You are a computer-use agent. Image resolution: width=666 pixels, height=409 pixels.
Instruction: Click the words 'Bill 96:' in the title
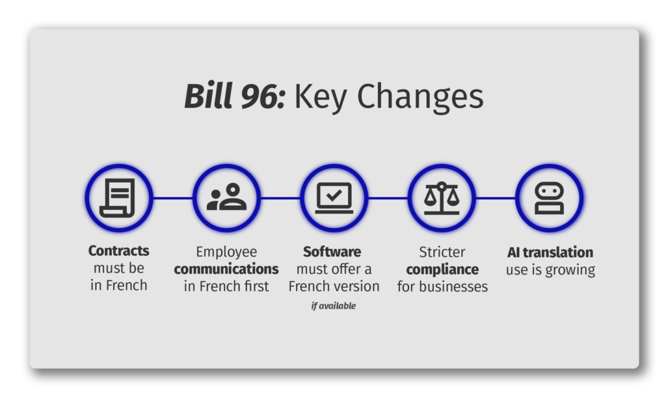pyautogui.click(x=235, y=96)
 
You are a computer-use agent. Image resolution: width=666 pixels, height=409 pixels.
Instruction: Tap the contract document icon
pyautogui.click(x=118, y=198)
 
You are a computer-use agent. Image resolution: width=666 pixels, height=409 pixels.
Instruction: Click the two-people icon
pyautogui.click(x=226, y=197)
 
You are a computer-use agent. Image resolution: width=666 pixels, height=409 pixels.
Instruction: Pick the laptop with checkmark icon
pyautogui.click(x=334, y=198)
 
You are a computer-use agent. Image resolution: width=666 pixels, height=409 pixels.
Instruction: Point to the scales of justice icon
pyautogui.click(x=442, y=198)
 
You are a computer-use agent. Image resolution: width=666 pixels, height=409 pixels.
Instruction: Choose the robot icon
pyautogui.click(x=549, y=198)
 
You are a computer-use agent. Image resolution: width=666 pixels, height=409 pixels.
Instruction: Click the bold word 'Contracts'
pyautogui.click(x=118, y=251)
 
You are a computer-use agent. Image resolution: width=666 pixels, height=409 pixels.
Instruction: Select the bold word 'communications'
pyautogui.click(x=226, y=269)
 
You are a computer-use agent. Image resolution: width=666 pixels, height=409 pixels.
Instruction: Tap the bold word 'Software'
pyautogui.click(x=332, y=251)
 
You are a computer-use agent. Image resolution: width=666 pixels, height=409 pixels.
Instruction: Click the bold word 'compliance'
pyautogui.click(x=442, y=270)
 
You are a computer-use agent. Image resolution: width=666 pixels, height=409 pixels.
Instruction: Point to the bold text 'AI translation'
pyautogui.click(x=550, y=253)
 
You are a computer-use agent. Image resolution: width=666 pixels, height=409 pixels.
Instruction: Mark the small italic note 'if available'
pyautogui.click(x=334, y=305)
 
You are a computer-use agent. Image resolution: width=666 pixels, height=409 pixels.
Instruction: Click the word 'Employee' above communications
pyautogui.click(x=226, y=252)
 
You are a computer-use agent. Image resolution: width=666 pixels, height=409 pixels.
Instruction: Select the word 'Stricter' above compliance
pyautogui.click(x=442, y=252)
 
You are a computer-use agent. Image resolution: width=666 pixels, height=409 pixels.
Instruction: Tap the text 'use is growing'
pyautogui.click(x=550, y=270)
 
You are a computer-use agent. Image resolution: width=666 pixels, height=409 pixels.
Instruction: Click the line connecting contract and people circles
pyautogui.click(x=173, y=198)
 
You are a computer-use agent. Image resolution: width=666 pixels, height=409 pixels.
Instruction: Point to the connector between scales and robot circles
pyautogui.click(x=496, y=198)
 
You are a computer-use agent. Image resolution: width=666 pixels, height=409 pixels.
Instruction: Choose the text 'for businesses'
pyautogui.click(x=442, y=287)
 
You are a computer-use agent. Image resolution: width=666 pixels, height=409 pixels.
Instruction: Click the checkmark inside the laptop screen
pyautogui.click(x=334, y=195)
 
